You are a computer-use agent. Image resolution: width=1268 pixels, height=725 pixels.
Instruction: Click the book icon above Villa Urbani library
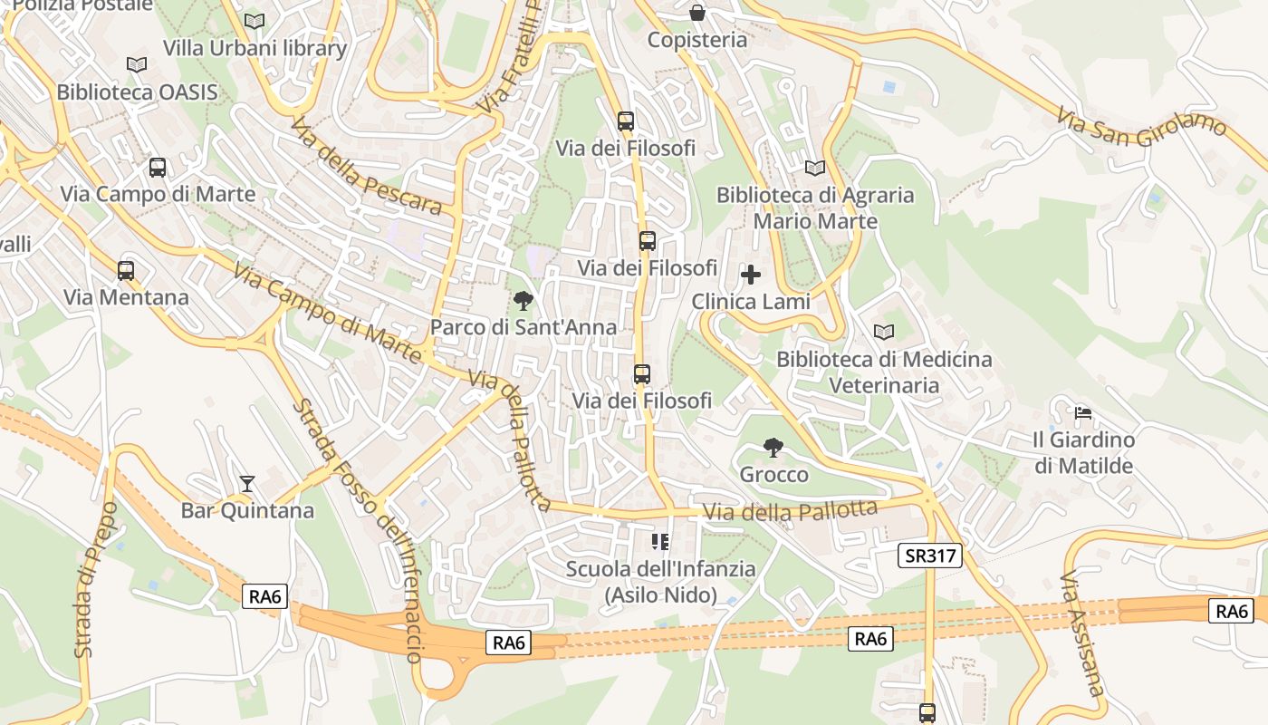[x=255, y=21]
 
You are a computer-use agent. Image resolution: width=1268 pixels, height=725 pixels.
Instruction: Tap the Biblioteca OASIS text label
[x=137, y=92]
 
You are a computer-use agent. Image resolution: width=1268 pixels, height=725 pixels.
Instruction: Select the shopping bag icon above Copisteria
[x=697, y=13]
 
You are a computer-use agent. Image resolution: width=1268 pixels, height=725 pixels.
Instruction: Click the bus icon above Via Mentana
[x=126, y=270]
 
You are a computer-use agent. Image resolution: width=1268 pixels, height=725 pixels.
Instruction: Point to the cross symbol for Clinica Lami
[x=751, y=274]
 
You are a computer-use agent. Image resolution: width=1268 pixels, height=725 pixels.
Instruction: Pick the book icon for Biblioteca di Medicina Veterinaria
[x=884, y=332]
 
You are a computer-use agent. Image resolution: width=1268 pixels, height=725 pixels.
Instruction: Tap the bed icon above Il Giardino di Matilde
[x=1082, y=413]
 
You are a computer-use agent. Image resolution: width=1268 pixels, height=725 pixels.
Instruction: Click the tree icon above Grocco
[x=773, y=447]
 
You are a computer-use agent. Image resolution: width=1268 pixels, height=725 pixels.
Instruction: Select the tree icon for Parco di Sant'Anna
[x=523, y=300]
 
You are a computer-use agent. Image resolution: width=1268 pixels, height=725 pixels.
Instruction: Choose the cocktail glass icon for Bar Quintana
[x=246, y=483]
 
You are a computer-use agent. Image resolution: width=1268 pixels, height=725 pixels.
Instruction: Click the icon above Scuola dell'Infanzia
[x=660, y=542]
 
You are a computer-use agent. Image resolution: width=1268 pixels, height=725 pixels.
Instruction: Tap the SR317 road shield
[x=929, y=556]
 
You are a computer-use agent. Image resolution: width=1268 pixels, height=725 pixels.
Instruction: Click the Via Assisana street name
[x=1082, y=633]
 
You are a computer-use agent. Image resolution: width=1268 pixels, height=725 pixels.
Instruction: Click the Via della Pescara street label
[x=366, y=165]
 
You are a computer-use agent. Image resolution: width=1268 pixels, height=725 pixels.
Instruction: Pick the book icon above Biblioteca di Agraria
[x=815, y=168]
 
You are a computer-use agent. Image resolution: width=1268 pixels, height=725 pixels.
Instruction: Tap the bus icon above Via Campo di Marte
[x=158, y=168]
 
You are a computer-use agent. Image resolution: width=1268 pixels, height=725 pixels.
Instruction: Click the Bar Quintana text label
[x=247, y=510]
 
